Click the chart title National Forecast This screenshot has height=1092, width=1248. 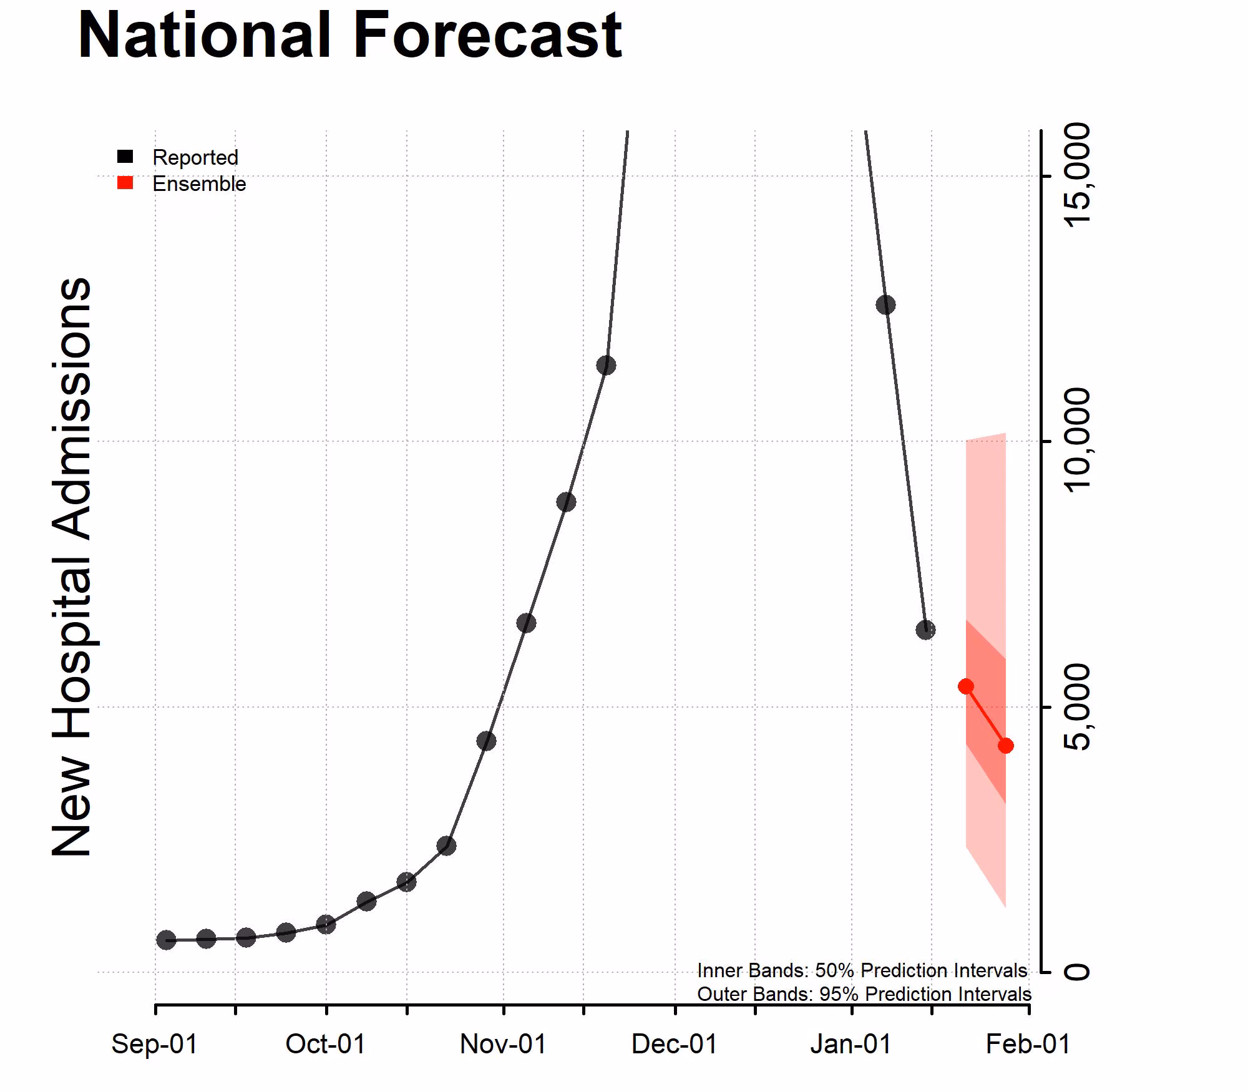tap(349, 36)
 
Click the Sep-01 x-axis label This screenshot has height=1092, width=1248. tap(154, 1044)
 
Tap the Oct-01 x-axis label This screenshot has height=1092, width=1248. tap(325, 1044)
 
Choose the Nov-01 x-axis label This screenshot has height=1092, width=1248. tap(503, 1044)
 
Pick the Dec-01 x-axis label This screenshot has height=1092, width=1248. tap(675, 1044)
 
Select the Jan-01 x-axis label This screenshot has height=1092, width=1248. tap(851, 1044)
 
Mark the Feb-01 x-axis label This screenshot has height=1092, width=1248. tap(1028, 1044)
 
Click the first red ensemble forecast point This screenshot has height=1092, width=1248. tap(966, 686)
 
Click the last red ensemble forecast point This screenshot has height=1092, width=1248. tap(1005, 745)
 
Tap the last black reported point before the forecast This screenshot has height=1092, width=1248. tap(925, 630)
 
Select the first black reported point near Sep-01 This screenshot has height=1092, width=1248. tap(166, 940)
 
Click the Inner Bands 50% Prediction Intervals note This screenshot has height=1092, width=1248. tap(862, 970)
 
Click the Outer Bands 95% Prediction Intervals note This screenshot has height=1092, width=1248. tap(864, 994)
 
